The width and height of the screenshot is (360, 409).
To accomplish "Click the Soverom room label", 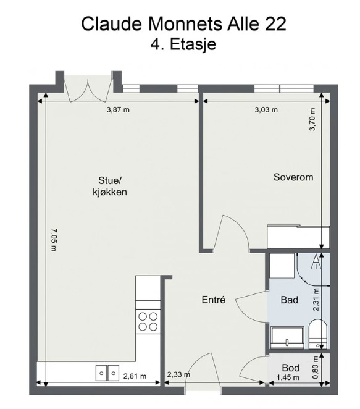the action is (x=293, y=177).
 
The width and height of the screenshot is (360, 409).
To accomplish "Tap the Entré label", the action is (x=213, y=300).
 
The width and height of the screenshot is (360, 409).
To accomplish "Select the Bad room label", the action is (x=289, y=300).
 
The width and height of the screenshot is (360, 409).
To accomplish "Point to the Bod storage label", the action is (x=290, y=368).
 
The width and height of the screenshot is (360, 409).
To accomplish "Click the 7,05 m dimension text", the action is (x=54, y=240).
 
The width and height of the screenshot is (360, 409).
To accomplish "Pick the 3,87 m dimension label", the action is (x=118, y=109).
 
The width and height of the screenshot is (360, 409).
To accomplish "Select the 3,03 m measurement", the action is (x=266, y=109).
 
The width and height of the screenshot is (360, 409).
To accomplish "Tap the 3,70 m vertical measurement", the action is (x=312, y=119).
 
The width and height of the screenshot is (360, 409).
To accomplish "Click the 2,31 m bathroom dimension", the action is (x=316, y=299).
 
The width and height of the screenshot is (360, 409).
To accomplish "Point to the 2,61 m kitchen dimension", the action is (x=135, y=376).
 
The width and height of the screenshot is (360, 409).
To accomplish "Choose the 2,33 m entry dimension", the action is (x=178, y=375).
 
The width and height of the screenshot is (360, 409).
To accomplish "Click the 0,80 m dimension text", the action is (x=315, y=368).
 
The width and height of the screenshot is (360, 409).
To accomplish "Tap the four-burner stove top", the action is (x=148, y=322).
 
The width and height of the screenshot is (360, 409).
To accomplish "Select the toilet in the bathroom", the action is (x=318, y=334).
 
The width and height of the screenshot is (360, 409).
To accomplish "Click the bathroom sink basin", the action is (x=287, y=337).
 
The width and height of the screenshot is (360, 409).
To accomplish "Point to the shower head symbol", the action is (x=316, y=261).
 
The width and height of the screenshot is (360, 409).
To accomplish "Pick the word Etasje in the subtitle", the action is (x=193, y=44).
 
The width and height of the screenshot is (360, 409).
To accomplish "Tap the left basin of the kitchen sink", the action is (x=101, y=373).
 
